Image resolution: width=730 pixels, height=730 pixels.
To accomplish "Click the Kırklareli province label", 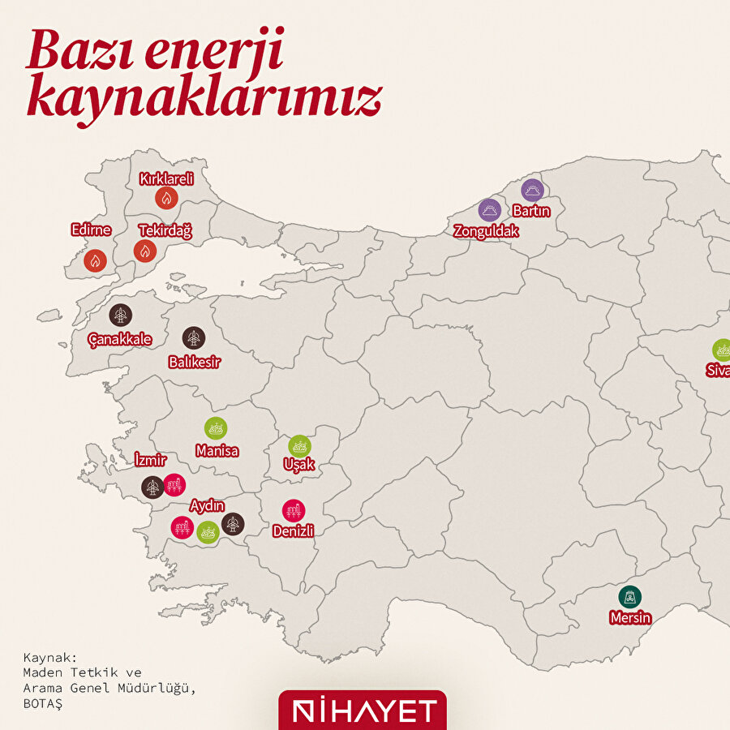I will (166, 179).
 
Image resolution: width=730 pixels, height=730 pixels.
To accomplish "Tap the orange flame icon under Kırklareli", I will (166, 198).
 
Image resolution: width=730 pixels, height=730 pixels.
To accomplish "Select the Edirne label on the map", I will (91, 230).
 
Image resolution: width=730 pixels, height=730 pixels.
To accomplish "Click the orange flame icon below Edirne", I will (96, 260).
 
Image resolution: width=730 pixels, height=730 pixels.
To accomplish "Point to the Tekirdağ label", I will (165, 231).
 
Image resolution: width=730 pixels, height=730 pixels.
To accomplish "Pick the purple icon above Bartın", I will (532, 191).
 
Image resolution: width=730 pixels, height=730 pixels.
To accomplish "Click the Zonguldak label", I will (486, 230).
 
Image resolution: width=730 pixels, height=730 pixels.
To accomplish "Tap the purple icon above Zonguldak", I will (489, 211).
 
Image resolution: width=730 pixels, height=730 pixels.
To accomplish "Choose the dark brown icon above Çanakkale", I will (121, 316).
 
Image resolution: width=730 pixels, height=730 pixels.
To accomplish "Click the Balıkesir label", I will (194, 362).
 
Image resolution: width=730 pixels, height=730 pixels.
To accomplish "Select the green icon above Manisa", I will (216, 428).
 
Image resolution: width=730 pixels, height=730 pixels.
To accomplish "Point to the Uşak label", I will (298, 466).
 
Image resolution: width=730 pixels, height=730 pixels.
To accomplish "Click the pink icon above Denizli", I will (294, 511).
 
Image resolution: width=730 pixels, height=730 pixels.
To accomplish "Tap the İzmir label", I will (150, 461).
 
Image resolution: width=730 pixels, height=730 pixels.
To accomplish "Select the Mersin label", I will (630, 618).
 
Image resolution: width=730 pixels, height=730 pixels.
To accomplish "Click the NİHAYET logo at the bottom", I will (363, 711).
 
